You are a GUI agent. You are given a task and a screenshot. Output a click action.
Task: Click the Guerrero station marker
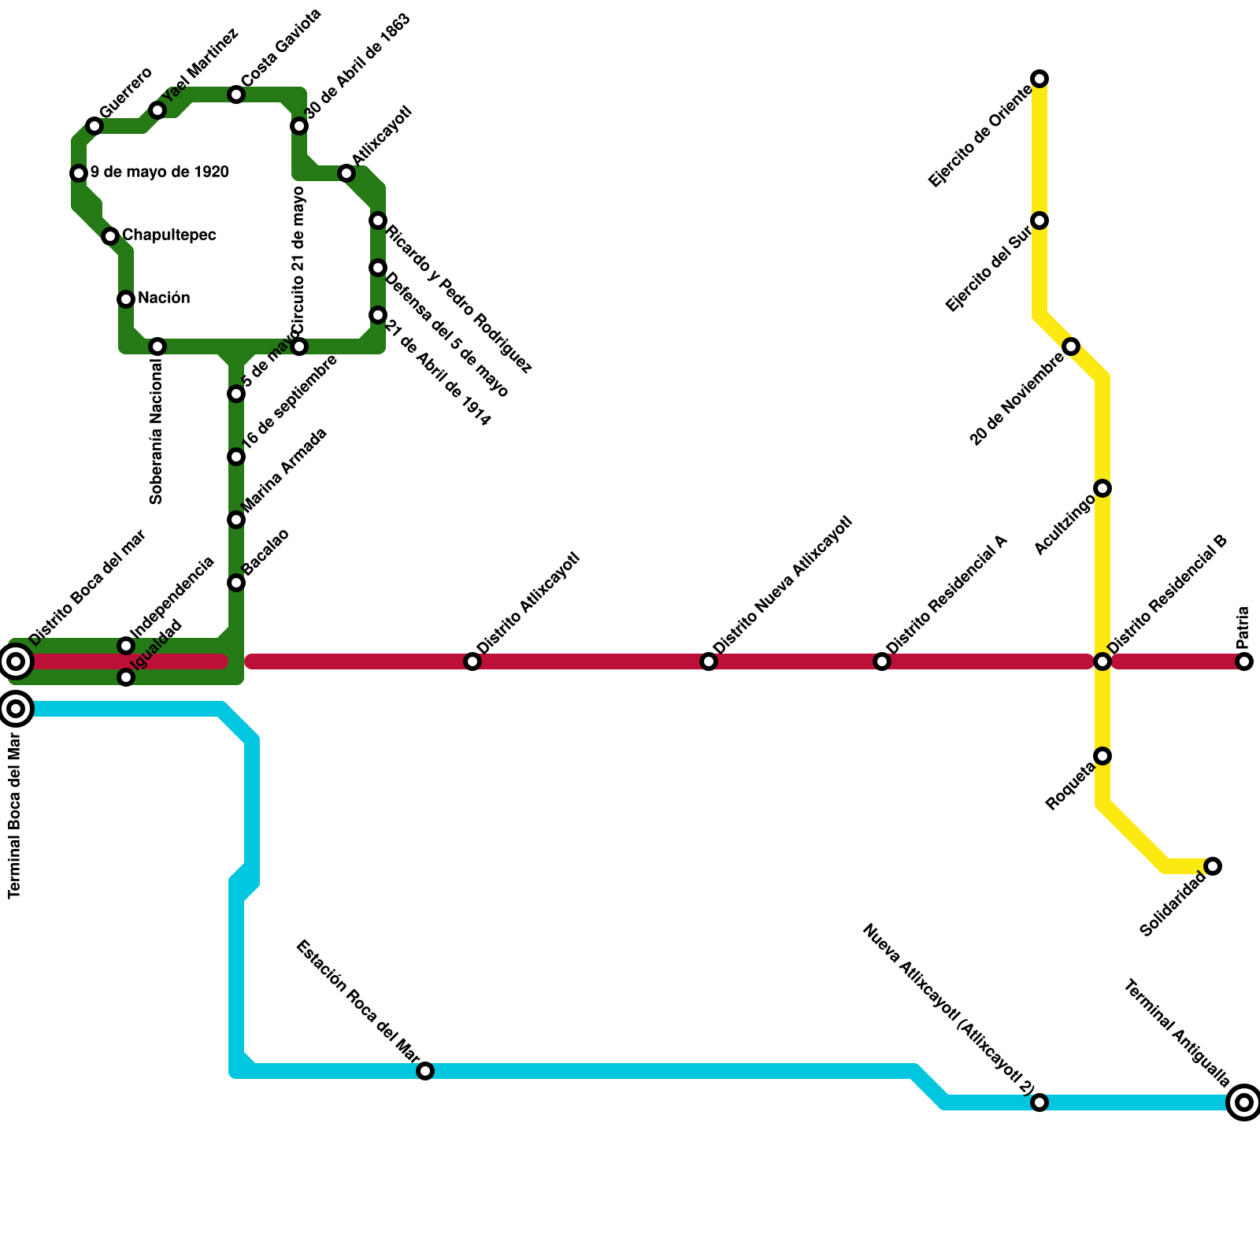tap(94, 126)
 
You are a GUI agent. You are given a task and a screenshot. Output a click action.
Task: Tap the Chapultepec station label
tap(169, 235)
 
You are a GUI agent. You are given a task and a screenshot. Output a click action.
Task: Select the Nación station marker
tap(126, 299)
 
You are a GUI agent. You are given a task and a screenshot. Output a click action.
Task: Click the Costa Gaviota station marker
tap(236, 95)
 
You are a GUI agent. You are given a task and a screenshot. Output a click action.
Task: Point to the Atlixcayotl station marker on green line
tap(346, 173)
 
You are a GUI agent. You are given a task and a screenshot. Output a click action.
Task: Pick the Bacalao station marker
tap(236, 583)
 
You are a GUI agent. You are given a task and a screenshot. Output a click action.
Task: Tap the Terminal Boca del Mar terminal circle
tap(16, 709)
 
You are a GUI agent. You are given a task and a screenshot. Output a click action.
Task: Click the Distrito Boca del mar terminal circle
tap(16, 661)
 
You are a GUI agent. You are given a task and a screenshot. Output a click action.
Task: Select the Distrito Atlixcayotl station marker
tap(472, 661)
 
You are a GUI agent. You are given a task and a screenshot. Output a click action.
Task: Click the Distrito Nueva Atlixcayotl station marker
tap(709, 661)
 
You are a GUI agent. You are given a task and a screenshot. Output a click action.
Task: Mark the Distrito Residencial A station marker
tap(882, 661)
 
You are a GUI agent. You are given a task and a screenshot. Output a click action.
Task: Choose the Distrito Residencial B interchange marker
tap(1102, 661)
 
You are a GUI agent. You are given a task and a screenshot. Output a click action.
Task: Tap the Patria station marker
tap(1244, 661)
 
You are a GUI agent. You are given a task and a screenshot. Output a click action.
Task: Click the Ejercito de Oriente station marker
tap(1039, 79)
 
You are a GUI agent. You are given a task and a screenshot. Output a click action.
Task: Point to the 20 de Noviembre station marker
tap(1071, 346)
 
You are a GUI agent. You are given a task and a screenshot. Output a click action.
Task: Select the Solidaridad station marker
tap(1213, 866)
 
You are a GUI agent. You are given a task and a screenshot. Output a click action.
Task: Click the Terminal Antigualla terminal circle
tap(1244, 1102)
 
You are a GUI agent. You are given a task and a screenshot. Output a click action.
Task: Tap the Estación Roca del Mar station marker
tap(425, 1071)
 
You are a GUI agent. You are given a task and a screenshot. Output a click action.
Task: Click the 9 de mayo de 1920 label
tap(159, 172)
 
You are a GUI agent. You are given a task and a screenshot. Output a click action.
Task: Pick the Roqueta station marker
tap(1102, 756)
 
